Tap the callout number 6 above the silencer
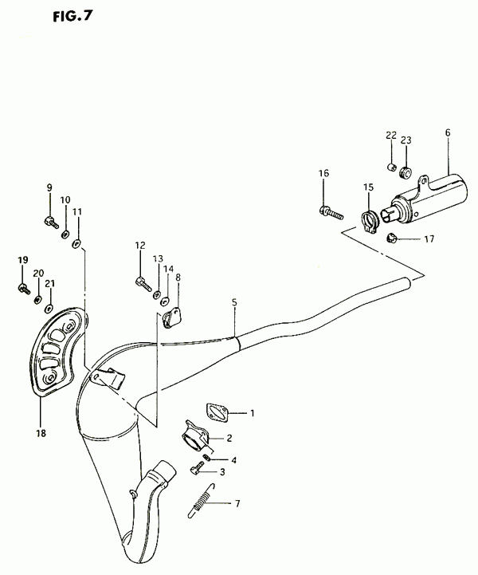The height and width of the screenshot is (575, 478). click(448, 132)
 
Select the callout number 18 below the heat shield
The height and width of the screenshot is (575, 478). click(41, 433)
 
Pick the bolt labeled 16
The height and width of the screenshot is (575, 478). click(328, 212)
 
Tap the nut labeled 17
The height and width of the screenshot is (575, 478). click(392, 238)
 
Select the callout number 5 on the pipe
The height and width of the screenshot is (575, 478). click(234, 303)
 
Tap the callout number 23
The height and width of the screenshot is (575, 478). click(406, 140)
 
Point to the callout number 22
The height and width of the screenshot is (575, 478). click(391, 136)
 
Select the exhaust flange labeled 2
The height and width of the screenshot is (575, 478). click(196, 436)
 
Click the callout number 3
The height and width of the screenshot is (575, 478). click(223, 472)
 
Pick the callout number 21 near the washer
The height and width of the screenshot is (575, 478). click(49, 282)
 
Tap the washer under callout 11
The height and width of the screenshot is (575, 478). click(77, 242)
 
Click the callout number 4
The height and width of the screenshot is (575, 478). click(233, 459)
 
